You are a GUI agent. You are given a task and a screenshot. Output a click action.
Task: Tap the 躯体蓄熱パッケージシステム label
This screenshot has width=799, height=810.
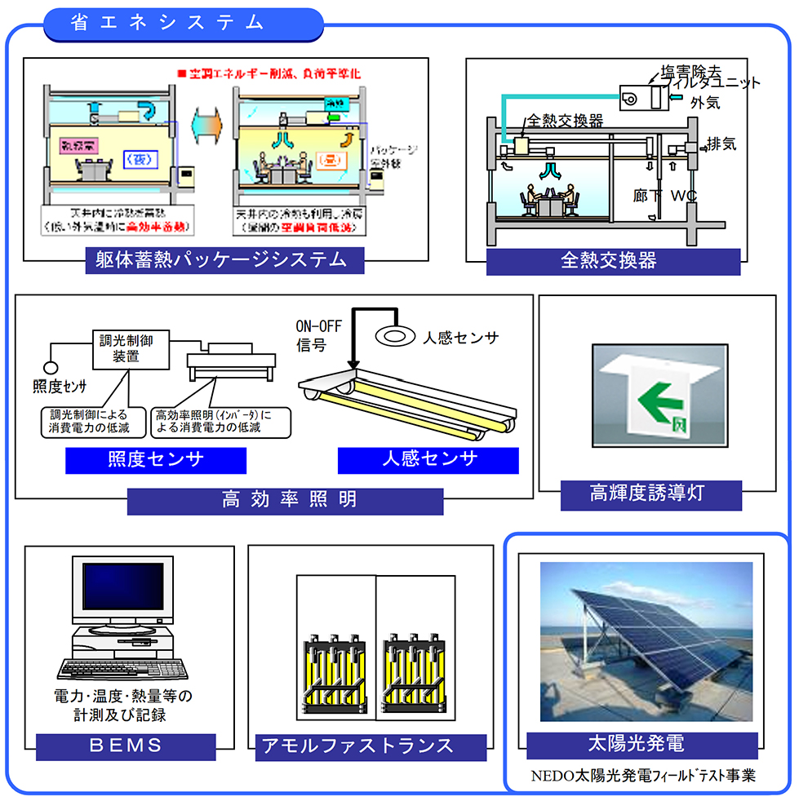pyautogui.click(x=225, y=261)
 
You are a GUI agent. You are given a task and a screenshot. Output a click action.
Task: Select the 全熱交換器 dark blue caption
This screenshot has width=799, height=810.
pyautogui.click(x=613, y=261)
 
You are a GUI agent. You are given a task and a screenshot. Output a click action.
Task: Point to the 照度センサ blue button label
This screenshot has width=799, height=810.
pyautogui.click(x=156, y=460)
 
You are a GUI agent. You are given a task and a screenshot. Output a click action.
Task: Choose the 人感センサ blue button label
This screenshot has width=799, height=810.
pyautogui.click(x=428, y=460)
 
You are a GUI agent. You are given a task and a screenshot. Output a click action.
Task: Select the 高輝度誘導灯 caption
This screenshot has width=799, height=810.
pyautogui.click(x=650, y=494)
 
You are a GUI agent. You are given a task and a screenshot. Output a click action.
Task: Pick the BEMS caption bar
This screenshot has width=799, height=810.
pyautogui.click(x=127, y=746)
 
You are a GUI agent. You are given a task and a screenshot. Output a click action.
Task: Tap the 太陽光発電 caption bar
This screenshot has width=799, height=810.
pyautogui.click(x=641, y=744)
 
